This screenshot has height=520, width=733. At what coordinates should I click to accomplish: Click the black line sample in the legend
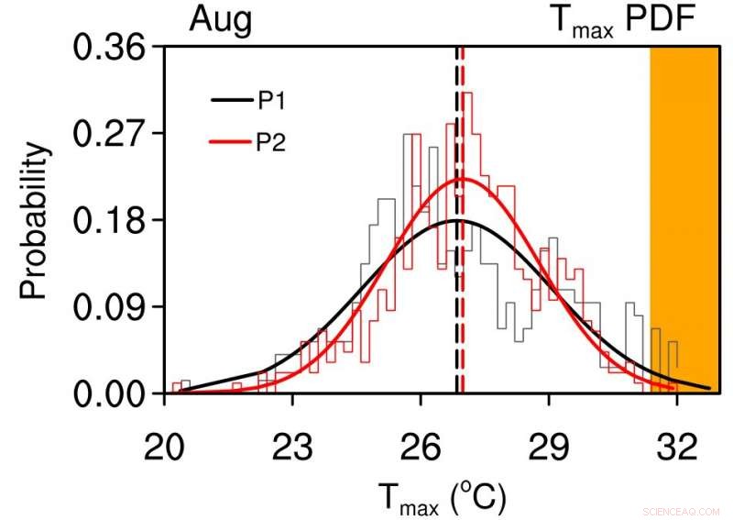point(230,101)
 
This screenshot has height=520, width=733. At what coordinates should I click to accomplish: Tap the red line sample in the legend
point(230,141)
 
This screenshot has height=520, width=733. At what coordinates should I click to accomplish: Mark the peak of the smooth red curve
point(463,179)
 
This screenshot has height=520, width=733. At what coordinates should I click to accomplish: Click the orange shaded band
point(684,220)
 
